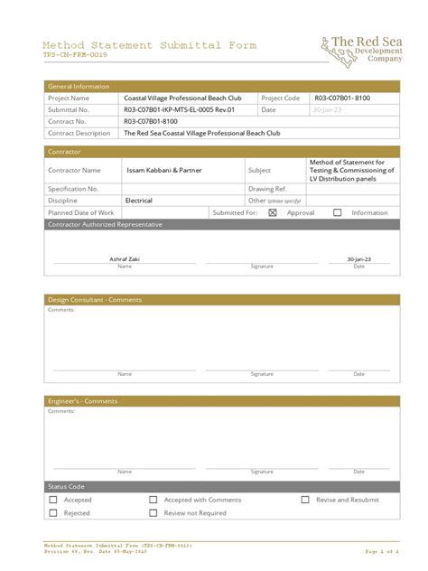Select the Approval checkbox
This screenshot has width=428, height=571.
point(273,213)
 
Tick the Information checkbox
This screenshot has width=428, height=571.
point(338,213)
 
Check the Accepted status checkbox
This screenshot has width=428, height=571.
point(53,500)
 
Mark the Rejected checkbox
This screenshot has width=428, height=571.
point(53,513)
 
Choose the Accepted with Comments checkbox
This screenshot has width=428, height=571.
point(154,500)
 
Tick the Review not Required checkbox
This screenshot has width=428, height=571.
point(154,513)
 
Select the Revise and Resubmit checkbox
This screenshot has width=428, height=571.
point(305,500)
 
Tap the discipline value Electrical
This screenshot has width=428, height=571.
point(138,201)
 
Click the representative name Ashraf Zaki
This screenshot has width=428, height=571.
point(125,258)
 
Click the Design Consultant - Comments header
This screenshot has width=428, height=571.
point(94,300)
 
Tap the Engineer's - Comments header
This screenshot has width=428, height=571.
point(82,401)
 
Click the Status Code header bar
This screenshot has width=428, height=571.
point(66,487)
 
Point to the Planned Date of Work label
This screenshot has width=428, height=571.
point(81,213)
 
